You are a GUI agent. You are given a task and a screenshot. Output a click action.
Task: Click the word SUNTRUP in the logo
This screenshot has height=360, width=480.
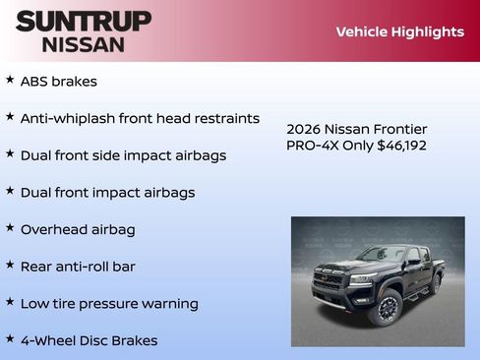83,21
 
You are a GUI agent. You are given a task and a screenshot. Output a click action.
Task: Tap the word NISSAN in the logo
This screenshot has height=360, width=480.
83,43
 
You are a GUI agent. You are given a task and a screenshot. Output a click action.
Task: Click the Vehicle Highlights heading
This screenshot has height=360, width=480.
399,31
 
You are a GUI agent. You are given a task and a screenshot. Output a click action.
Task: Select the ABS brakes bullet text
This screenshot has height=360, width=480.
58,82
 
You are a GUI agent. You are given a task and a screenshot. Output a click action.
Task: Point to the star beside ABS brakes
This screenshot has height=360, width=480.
10,80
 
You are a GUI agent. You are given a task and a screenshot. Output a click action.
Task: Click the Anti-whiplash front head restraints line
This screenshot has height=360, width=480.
140,118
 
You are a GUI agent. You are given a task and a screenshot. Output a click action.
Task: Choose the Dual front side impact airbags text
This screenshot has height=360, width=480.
123,155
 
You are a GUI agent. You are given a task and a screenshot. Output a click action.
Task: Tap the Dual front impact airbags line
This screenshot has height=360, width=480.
107,193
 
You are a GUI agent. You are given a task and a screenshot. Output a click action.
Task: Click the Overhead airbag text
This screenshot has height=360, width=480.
78,229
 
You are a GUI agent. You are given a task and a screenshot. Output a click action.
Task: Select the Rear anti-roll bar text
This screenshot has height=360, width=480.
78,267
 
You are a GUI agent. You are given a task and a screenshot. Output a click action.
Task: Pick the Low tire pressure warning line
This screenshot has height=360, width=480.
109,304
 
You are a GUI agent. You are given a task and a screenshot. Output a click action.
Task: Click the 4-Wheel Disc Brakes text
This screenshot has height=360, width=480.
89,341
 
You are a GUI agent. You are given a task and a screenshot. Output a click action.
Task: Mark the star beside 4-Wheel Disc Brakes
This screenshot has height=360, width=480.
10,338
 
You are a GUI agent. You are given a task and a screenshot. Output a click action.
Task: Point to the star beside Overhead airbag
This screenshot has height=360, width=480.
10,227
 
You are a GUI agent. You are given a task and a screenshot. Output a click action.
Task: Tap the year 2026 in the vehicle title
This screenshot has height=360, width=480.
303,129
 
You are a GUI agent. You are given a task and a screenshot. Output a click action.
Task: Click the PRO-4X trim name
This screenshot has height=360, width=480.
310,146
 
